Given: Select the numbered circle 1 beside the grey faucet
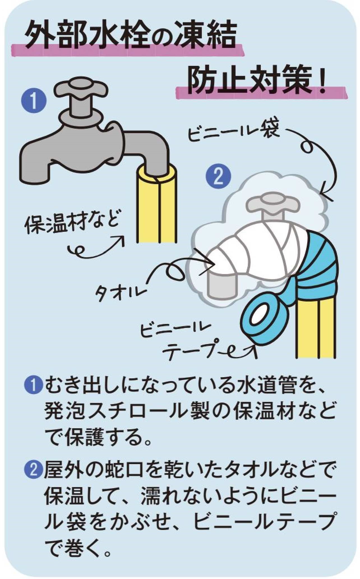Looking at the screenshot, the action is (x=34, y=101).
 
